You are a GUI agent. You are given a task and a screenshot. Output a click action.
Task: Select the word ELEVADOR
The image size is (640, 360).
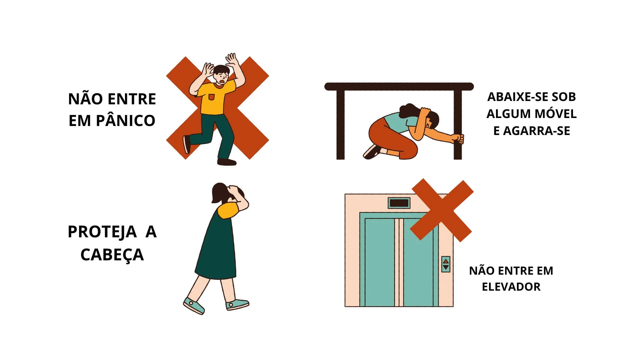coord(511,287)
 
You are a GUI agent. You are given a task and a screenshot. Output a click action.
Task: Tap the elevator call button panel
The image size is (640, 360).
coord(446,264)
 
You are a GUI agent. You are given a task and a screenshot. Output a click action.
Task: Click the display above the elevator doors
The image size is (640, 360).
coord(399,203)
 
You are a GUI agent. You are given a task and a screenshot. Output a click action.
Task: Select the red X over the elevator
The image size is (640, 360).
coord(441,210)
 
